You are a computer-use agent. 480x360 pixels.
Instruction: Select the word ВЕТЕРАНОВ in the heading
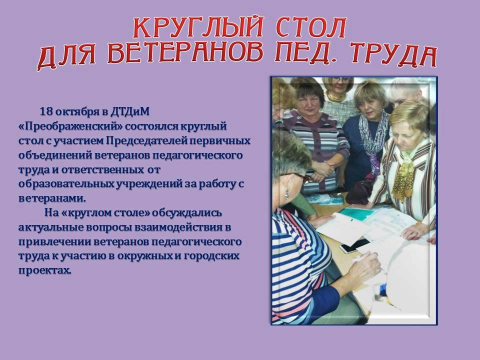pos(185,52)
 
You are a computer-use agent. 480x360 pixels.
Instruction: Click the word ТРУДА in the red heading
pos(393,55)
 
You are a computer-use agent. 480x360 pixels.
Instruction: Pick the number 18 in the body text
pos(46,111)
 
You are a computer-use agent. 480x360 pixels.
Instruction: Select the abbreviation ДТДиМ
pos(130,111)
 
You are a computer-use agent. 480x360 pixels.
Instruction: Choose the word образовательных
pos(65,184)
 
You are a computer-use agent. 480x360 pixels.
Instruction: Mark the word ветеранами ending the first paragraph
pos(52,198)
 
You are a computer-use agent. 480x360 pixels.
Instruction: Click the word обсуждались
pos(186,212)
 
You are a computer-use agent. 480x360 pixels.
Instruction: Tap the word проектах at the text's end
pos(44,270)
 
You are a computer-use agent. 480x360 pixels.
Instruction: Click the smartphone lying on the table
pos(355,245)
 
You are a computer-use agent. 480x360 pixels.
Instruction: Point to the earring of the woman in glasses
pos(287,194)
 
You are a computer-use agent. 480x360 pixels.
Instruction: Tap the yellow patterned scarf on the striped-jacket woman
pos(403,177)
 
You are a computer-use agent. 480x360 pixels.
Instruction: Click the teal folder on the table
pos(357,213)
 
